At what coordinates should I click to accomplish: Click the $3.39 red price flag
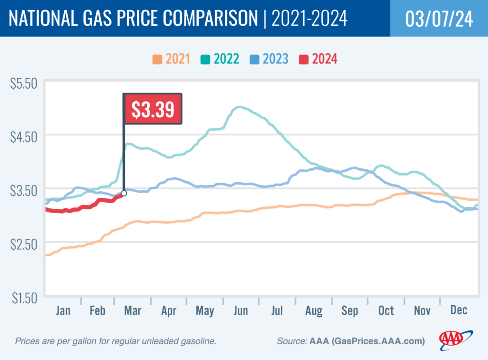[153, 109]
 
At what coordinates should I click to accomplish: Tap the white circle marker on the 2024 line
[124, 193]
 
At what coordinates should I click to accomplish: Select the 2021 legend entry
[171, 60]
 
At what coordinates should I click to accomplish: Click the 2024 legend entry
[318, 60]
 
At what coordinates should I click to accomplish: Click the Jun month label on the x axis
[241, 311]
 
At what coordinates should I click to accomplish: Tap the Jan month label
[63, 311]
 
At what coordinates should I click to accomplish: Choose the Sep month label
[349, 311]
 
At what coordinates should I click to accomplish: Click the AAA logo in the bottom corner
[456, 338]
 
